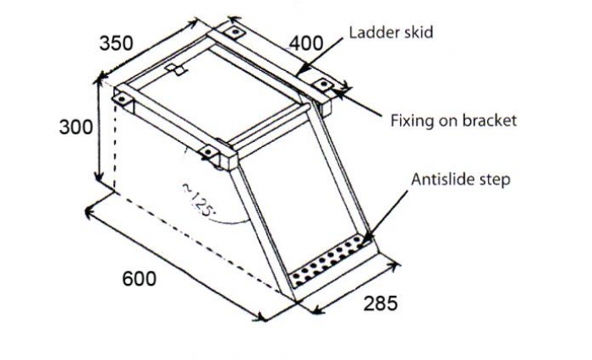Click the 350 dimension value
(x=117, y=43)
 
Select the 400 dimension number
(x=306, y=43)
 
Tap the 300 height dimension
(x=76, y=127)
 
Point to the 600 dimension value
(x=139, y=279)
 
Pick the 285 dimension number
(x=381, y=303)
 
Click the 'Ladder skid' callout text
(x=391, y=32)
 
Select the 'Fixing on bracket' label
(x=453, y=121)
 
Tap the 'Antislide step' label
(x=461, y=179)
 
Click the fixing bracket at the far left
(x=122, y=99)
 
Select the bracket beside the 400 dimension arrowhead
(x=323, y=85)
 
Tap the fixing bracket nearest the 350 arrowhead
(x=236, y=32)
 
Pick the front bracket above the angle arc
(x=208, y=152)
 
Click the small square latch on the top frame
(x=176, y=69)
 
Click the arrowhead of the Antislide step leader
(x=365, y=240)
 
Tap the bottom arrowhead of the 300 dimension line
(x=99, y=177)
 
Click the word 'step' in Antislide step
(x=495, y=180)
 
